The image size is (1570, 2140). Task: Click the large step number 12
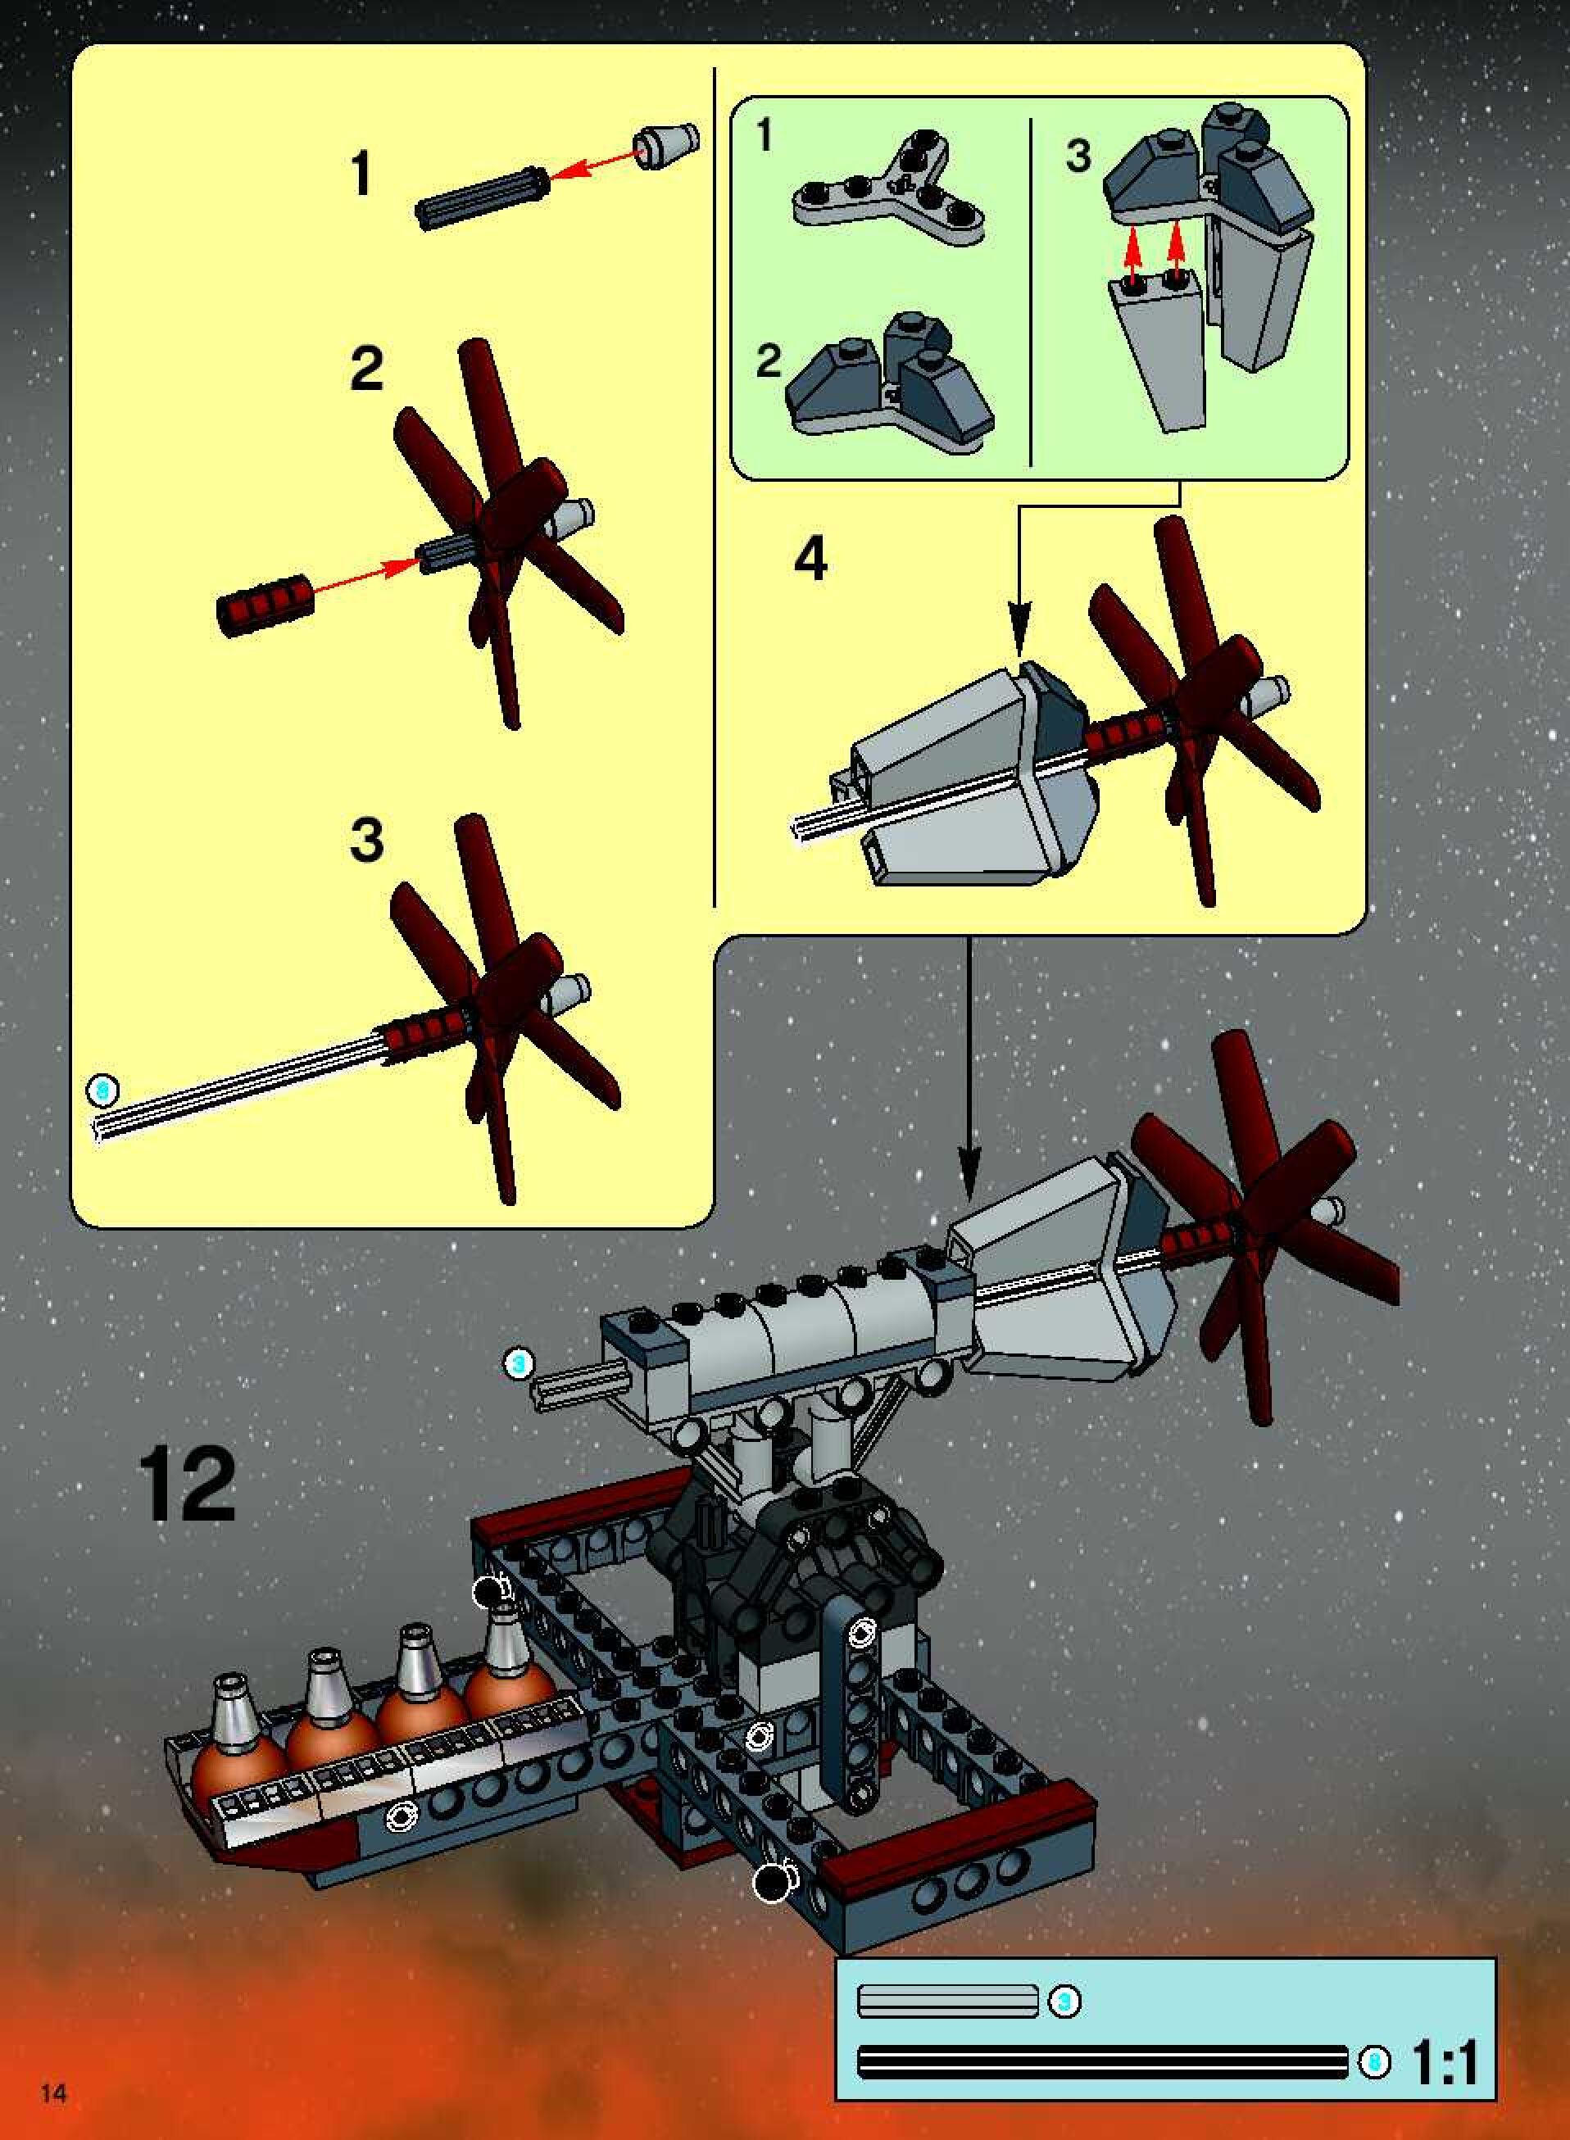[186, 1485]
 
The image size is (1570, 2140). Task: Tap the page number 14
[53, 2091]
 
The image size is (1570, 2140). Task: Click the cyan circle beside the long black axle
[1373, 2062]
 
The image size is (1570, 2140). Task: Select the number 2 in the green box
[769, 360]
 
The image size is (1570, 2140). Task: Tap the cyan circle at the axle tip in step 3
[102, 1091]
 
